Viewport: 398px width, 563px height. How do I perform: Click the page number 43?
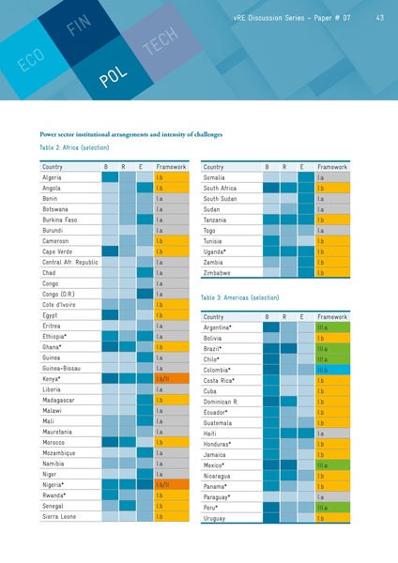click(x=378, y=17)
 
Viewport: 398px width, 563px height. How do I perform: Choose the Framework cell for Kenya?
click(x=175, y=378)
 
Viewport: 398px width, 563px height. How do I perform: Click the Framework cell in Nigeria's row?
click(x=175, y=484)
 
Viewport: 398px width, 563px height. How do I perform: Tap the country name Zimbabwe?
click(x=221, y=273)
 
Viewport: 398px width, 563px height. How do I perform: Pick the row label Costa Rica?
click(x=224, y=381)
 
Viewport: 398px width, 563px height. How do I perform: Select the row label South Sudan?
click(x=223, y=199)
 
